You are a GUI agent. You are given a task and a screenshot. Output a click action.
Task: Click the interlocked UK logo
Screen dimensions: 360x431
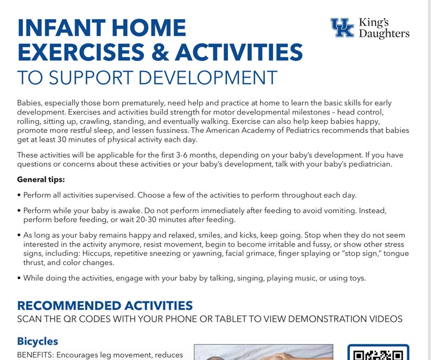click(342, 28)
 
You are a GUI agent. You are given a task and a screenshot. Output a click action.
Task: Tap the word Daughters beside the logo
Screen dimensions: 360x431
click(384, 34)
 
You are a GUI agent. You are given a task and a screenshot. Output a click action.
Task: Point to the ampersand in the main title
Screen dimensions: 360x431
click(159, 52)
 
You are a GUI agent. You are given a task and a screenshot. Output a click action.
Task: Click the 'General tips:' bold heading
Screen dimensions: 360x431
click(41, 180)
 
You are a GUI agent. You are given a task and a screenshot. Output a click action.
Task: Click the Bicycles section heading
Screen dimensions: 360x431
click(37, 342)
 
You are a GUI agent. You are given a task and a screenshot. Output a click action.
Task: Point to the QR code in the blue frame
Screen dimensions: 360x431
click(378, 353)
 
